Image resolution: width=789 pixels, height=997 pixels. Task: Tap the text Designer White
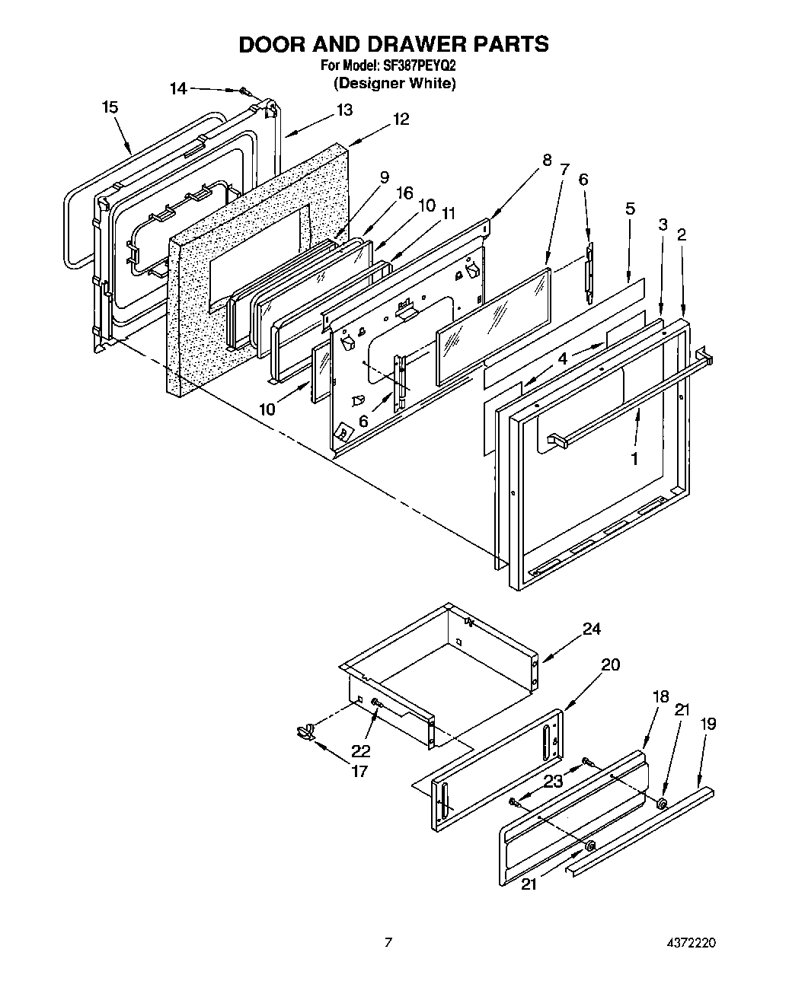(394, 83)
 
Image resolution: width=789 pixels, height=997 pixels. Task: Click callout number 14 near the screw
(177, 89)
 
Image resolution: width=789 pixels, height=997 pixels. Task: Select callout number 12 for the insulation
(401, 119)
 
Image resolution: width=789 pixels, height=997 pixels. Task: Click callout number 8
(546, 161)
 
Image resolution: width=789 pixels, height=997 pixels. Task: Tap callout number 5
(630, 209)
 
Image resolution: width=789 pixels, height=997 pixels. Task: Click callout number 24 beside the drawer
(591, 629)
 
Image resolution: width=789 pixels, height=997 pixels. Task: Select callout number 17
(359, 771)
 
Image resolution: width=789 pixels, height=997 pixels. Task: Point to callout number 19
(708, 724)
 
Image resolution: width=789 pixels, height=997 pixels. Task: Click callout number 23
(553, 780)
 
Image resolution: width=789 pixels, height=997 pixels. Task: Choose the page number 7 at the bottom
(388, 943)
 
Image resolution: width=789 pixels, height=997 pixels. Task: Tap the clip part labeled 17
(305, 732)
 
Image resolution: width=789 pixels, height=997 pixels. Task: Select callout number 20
(610, 664)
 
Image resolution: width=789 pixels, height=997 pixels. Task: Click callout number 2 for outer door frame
(681, 234)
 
